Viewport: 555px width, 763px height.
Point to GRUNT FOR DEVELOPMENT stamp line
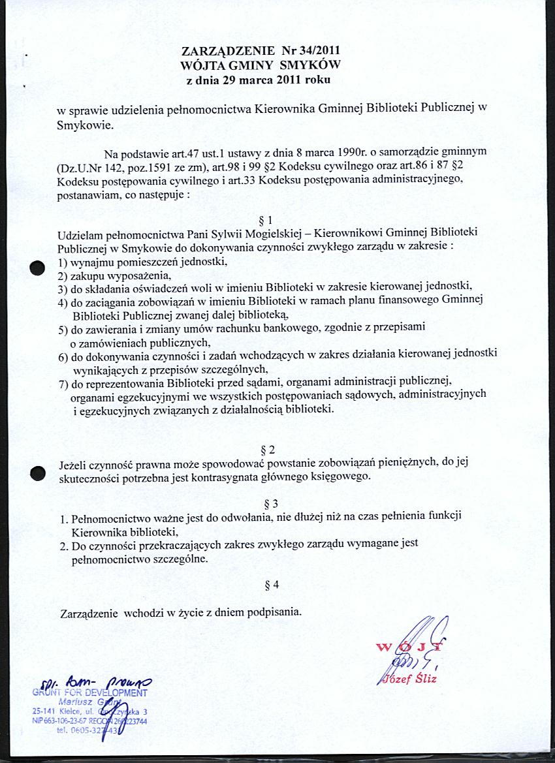tap(89, 693)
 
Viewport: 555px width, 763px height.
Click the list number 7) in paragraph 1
tap(63, 382)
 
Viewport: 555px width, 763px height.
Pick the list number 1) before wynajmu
tap(63, 262)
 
